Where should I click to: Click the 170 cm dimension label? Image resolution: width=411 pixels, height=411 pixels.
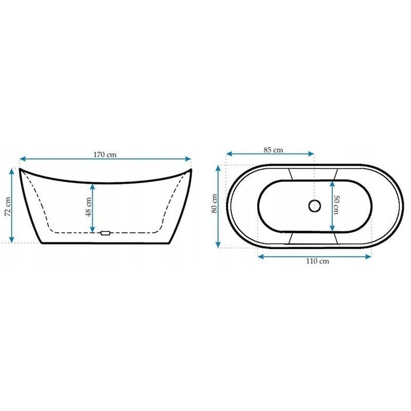tap(105, 154)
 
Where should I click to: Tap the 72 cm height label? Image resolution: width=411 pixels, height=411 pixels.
tap(8, 207)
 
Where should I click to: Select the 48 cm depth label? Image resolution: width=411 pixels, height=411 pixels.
tap(89, 207)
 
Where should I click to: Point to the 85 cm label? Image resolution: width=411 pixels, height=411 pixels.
tap(273, 150)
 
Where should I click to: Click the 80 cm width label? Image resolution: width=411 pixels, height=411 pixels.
tap(214, 203)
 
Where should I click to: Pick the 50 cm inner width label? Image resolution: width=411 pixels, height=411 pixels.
tap(336, 205)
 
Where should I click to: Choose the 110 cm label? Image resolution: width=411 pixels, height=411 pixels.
tap(318, 261)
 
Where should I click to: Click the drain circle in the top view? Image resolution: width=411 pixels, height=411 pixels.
tap(315, 206)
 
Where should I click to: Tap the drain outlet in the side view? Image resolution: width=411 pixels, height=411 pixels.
tap(105, 233)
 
